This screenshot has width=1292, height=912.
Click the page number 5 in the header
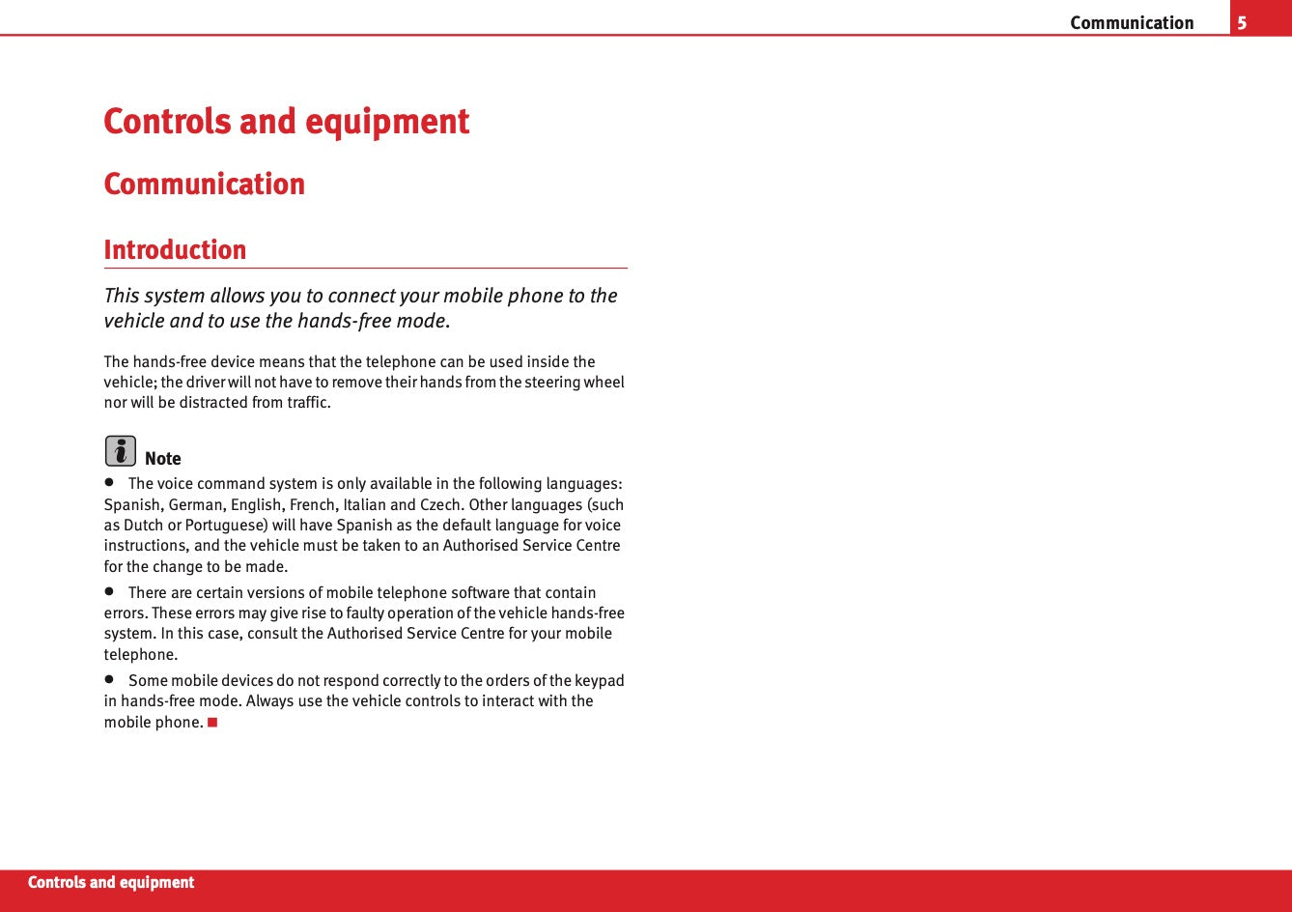point(1242,22)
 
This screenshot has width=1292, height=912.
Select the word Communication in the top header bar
point(1132,22)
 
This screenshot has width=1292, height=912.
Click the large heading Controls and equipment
point(286,122)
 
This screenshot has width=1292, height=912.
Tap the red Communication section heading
point(204,184)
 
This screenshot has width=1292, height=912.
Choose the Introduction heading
point(175,249)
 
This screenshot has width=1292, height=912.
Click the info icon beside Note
point(120,451)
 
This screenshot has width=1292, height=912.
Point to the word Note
point(163,459)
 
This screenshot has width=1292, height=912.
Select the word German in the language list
point(197,504)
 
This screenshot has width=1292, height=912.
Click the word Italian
point(364,504)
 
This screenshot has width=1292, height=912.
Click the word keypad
point(600,680)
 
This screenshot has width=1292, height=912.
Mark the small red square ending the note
point(212,722)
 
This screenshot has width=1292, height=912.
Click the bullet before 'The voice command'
point(109,482)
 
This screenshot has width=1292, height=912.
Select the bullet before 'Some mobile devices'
point(109,679)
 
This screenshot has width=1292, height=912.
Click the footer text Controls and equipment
point(111,882)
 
